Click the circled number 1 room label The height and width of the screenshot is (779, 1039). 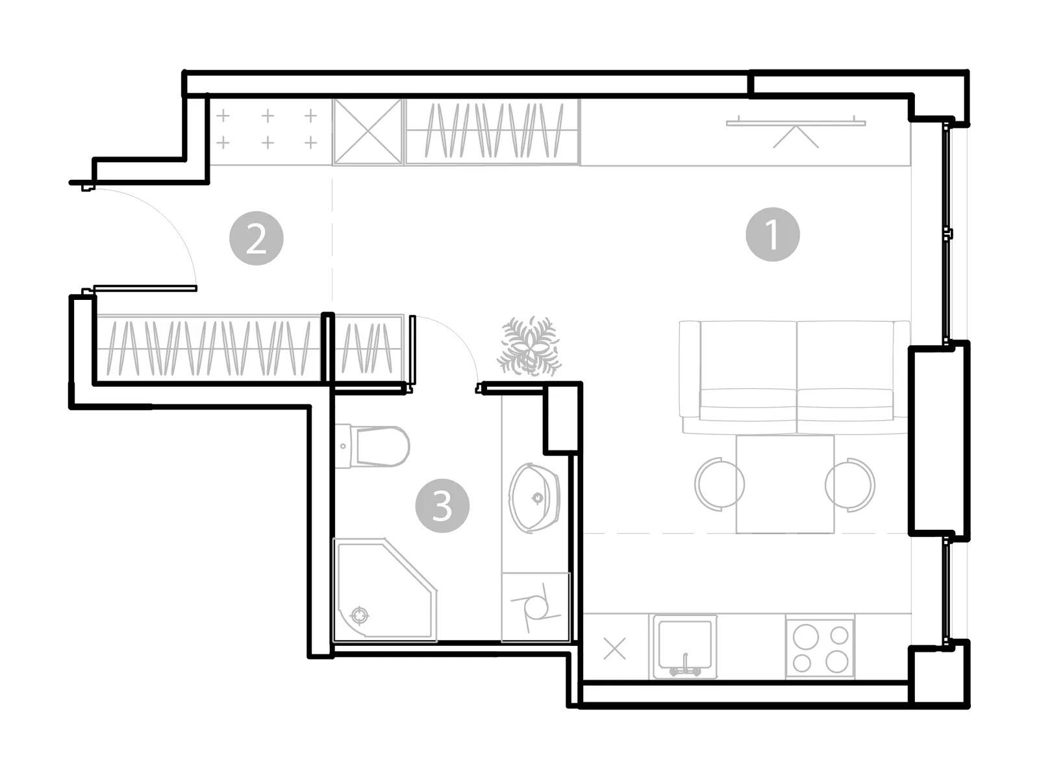click(772, 234)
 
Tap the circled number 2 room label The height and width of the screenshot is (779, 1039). click(256, 238)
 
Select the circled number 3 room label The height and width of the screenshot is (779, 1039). click(442, 506)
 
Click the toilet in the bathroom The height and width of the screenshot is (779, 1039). click(373, 446)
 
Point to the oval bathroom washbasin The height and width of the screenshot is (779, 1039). click(534, 498)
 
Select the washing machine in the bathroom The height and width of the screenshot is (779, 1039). click(536, 608)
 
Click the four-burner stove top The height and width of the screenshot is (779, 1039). click(820, 648)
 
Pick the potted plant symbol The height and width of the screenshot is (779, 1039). click(529, 347)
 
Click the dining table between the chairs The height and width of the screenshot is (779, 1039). click(785, 484)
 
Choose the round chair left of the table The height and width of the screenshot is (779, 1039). click(720, 484)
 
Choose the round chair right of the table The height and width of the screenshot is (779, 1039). click(850, 485)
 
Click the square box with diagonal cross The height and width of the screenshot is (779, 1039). click(368, 132)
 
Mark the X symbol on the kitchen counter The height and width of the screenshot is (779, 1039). click(615, 649)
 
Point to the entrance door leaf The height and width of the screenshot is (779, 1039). click(145, 288)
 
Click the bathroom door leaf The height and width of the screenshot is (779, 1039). click(412, 351)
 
